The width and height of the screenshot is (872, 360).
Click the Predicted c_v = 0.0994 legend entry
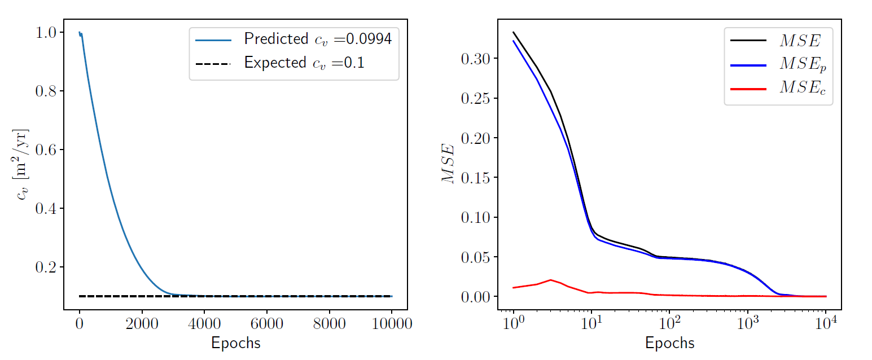click(x=293, y=39)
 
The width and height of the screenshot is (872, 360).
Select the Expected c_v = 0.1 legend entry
click(x=293, y=63)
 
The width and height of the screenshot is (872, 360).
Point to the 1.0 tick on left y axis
click(x=46, y=33)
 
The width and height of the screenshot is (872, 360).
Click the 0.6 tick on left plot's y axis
click(x=46, y=150)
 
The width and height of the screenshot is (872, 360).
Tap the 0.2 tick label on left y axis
click(x=46, y=267)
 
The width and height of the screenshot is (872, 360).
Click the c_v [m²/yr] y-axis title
click(x=21, y=164)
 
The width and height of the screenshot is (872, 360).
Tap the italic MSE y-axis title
click(x=448, y=164)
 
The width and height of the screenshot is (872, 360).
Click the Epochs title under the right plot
click(x=669, y=343)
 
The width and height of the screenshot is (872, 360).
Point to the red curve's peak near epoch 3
click(x=550, y=280)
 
